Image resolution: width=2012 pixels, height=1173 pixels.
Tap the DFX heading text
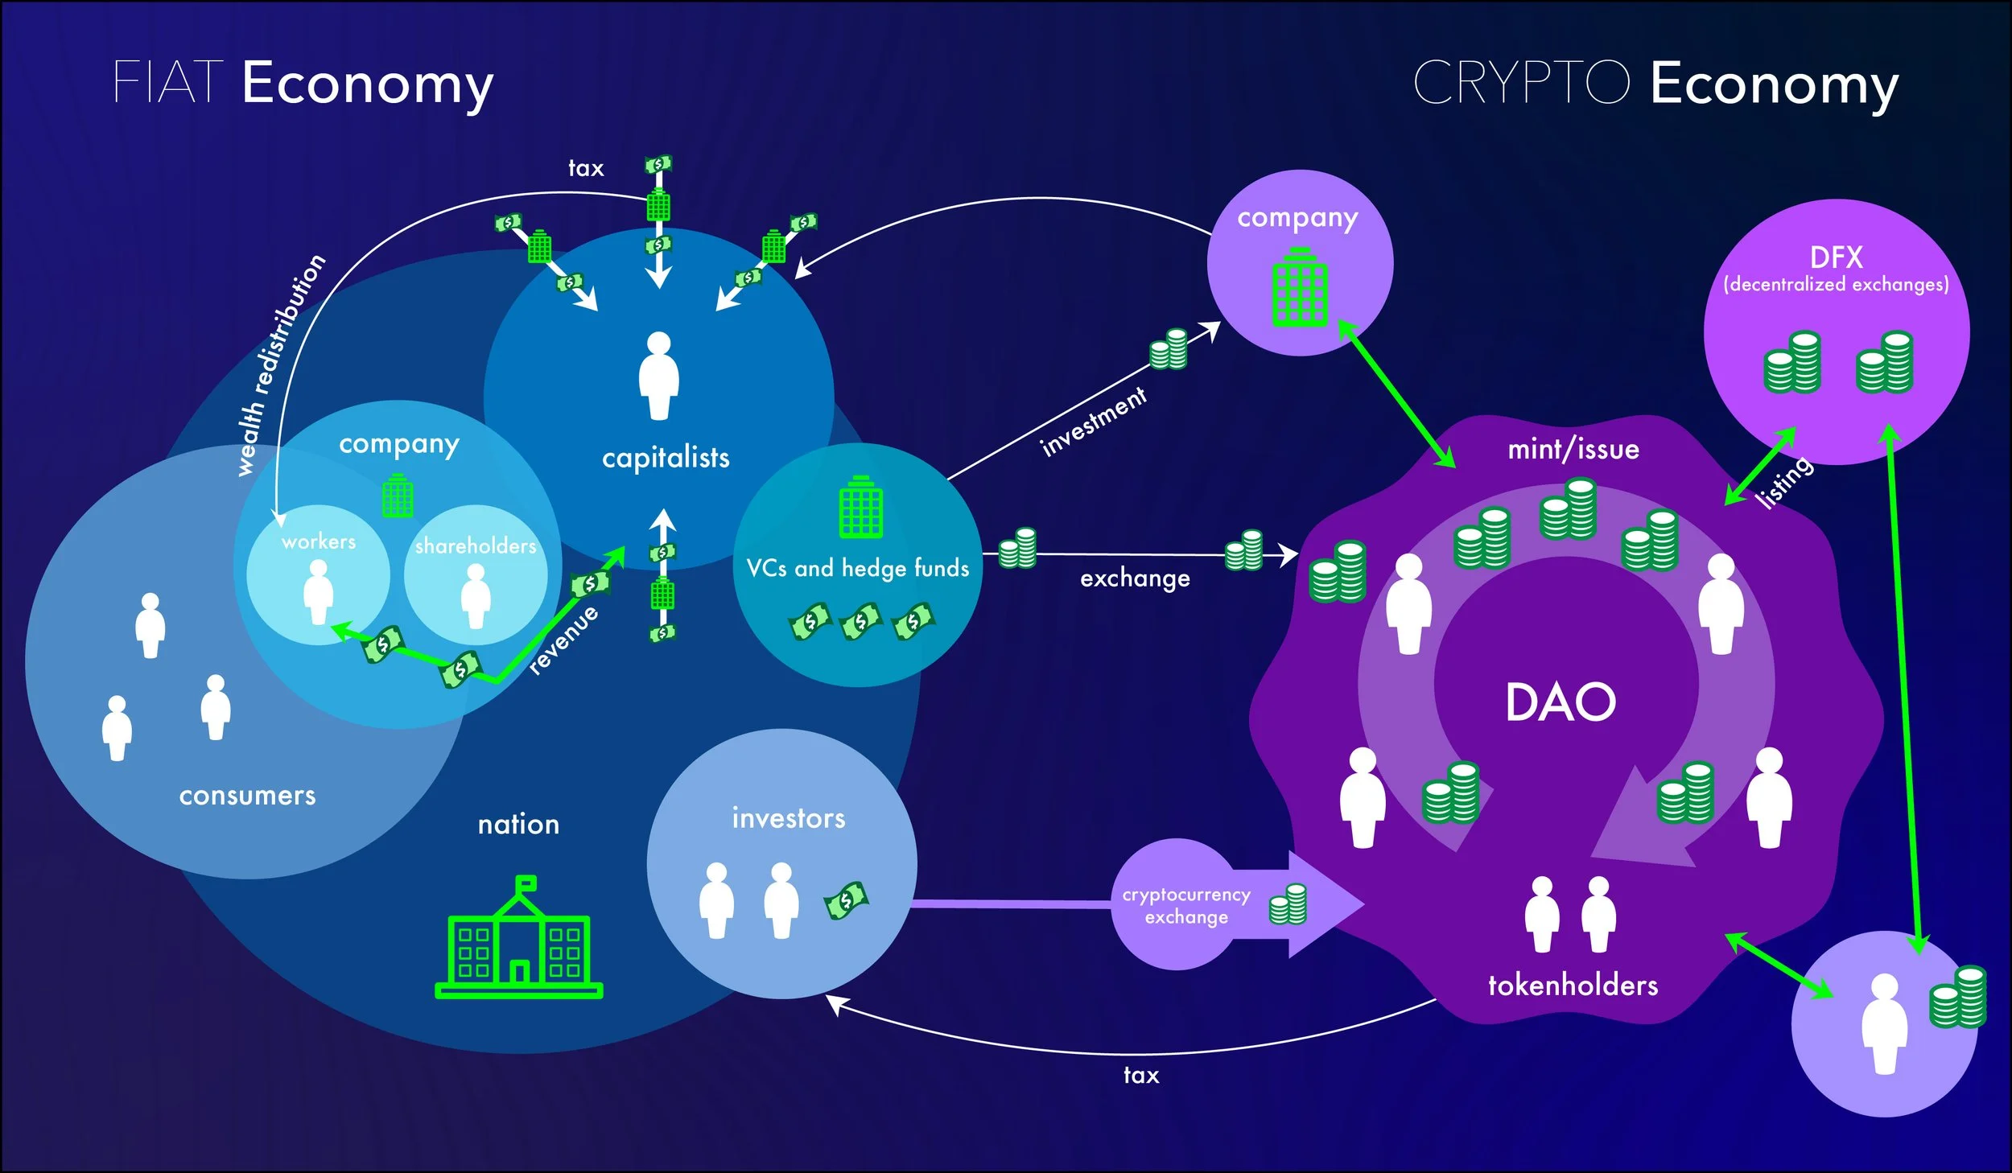pos(1836,257)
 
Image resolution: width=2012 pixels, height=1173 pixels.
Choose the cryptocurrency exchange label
pos(1186,906)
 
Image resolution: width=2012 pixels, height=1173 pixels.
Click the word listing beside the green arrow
pos(1785,483)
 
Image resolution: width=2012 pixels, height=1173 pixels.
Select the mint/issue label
pos(1573,449)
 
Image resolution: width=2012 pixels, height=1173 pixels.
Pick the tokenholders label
pos(1573,986)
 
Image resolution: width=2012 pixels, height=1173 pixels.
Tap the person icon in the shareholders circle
pos(476,596)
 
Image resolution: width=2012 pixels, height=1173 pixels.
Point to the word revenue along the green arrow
pos(563,640)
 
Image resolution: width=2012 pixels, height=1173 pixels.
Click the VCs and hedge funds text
pos(857,568)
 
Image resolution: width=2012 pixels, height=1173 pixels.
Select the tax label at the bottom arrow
pos(1140,1075)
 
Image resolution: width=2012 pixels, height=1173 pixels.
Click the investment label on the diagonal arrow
pos(1093,422)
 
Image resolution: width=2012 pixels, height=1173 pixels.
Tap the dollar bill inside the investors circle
pos(846,900)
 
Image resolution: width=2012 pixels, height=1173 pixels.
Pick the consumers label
pos(247,796)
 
